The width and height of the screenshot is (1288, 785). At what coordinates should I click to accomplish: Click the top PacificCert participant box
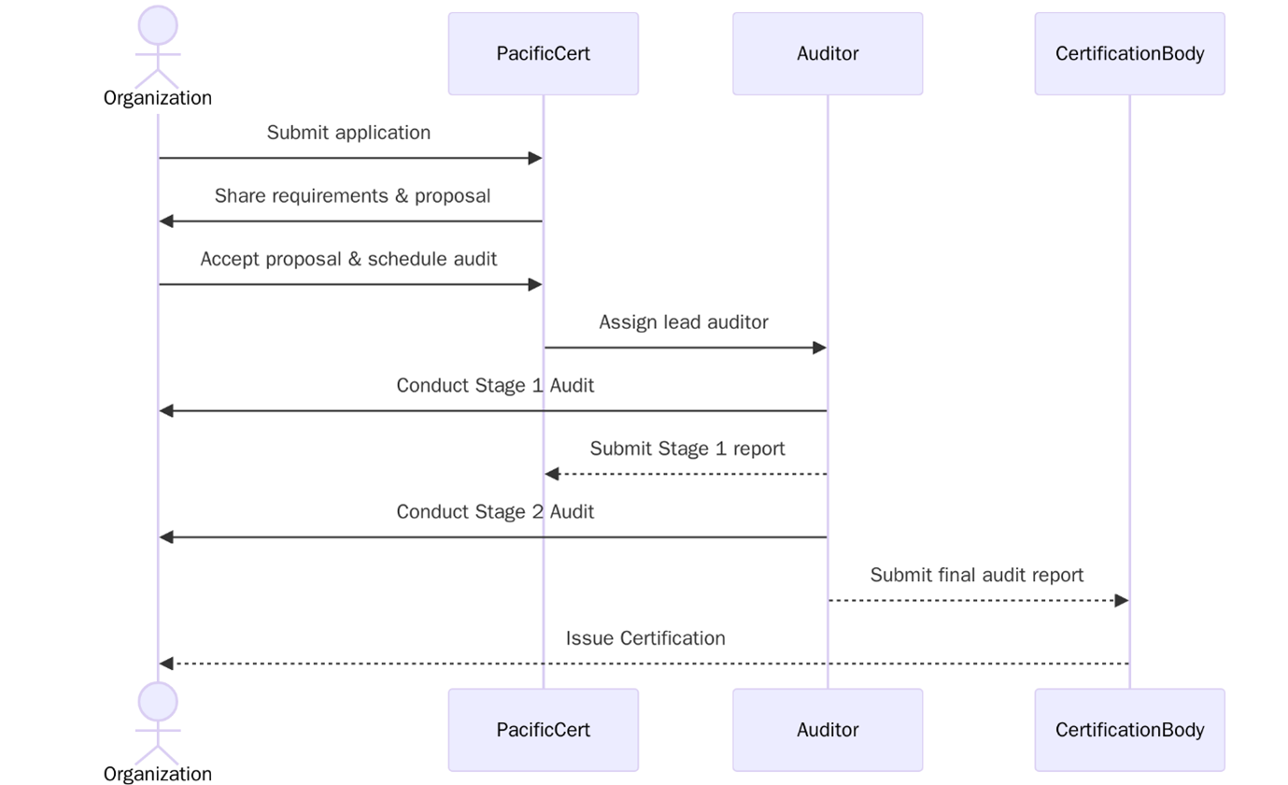pos(543,53)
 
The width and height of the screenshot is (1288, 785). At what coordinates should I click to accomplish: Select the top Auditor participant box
pos(827,53)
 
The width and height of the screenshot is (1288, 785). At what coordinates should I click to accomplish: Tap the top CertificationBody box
pos(1128,53)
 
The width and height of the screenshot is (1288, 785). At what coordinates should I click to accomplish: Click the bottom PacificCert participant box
pos(543,730)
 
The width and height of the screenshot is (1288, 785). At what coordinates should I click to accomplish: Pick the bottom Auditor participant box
pos(827,730)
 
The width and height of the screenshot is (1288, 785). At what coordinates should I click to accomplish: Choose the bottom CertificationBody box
pos(1128,730)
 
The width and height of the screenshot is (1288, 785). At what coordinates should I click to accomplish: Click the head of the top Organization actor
pos(158,25)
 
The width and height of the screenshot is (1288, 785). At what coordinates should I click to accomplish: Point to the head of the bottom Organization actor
pos(158,702)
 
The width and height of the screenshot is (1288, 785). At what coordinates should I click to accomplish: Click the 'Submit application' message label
pos(348,133)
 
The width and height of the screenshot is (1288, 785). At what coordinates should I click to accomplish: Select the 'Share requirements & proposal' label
pos(352,196)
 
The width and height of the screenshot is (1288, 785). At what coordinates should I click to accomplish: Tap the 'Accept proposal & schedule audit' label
pos(348,259)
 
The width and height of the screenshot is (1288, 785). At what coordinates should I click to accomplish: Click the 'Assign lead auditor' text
pos(684,322)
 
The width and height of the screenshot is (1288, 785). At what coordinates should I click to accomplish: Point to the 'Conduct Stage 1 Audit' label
pos(495,386)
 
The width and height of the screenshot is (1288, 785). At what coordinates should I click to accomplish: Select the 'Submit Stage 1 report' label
pos(687,449)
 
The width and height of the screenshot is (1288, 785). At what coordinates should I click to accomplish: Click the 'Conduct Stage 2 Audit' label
pos(495,512)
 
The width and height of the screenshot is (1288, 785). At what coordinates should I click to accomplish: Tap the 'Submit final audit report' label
pos(976,576)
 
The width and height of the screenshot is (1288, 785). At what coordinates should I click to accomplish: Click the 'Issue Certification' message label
pos(645,638)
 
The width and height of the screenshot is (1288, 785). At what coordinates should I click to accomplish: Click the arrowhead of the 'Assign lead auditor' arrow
pos(819,348)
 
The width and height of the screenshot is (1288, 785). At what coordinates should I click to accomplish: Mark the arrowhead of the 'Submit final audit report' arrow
pos(1122,601)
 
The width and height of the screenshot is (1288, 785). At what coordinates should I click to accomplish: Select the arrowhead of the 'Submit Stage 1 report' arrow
pos(552,474)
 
